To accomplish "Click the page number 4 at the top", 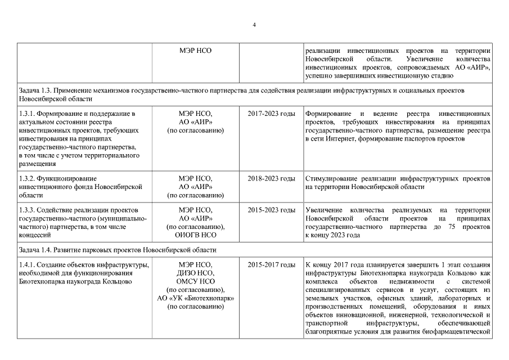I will click(254, 25).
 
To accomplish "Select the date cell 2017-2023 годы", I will click(271, 114).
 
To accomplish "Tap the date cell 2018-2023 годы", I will click(271, 178).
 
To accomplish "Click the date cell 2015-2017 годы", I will click(271, 265).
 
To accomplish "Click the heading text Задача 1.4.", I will click(35, 250).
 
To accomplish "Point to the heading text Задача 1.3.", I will click(35, 91).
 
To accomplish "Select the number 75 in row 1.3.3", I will click(451, 227).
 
